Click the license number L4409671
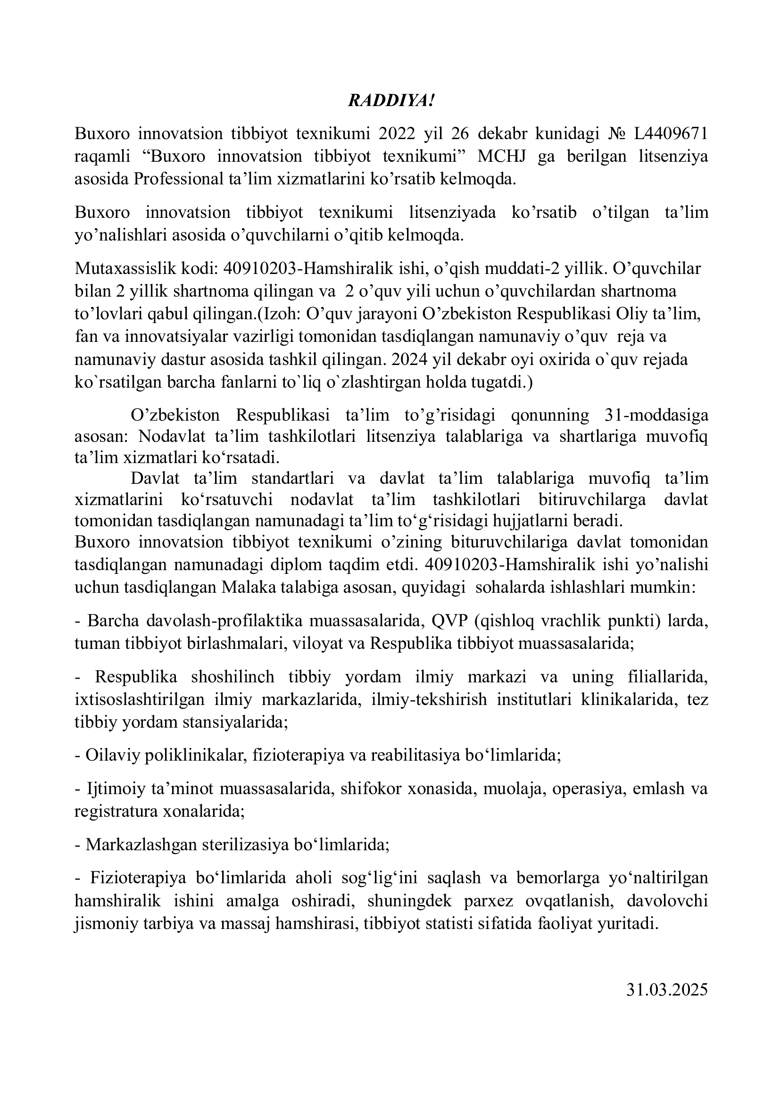tap(671, 134)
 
